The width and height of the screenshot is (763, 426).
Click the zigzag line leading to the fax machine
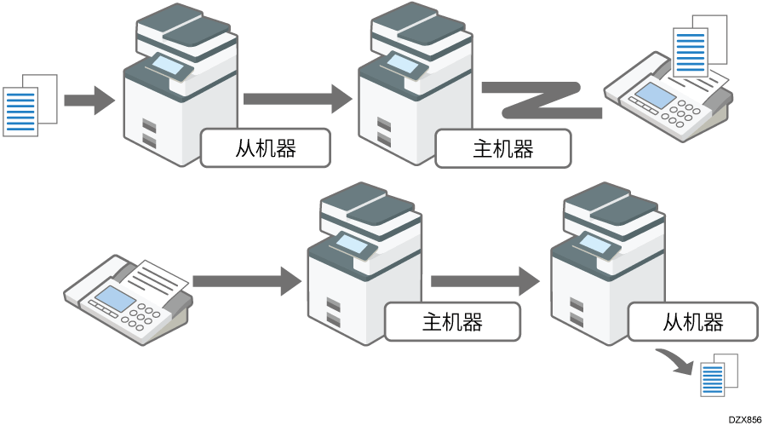541,100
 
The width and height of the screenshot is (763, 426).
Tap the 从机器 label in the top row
266,148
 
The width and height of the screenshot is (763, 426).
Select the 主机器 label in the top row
502,149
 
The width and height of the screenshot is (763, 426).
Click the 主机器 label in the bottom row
452,322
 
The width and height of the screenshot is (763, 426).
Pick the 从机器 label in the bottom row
693,322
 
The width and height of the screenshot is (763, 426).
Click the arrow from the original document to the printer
89,100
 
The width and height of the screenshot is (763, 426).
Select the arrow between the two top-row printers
296,99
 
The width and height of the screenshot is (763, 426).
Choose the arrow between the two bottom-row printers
484,280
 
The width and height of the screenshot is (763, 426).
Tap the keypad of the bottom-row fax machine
142,319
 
